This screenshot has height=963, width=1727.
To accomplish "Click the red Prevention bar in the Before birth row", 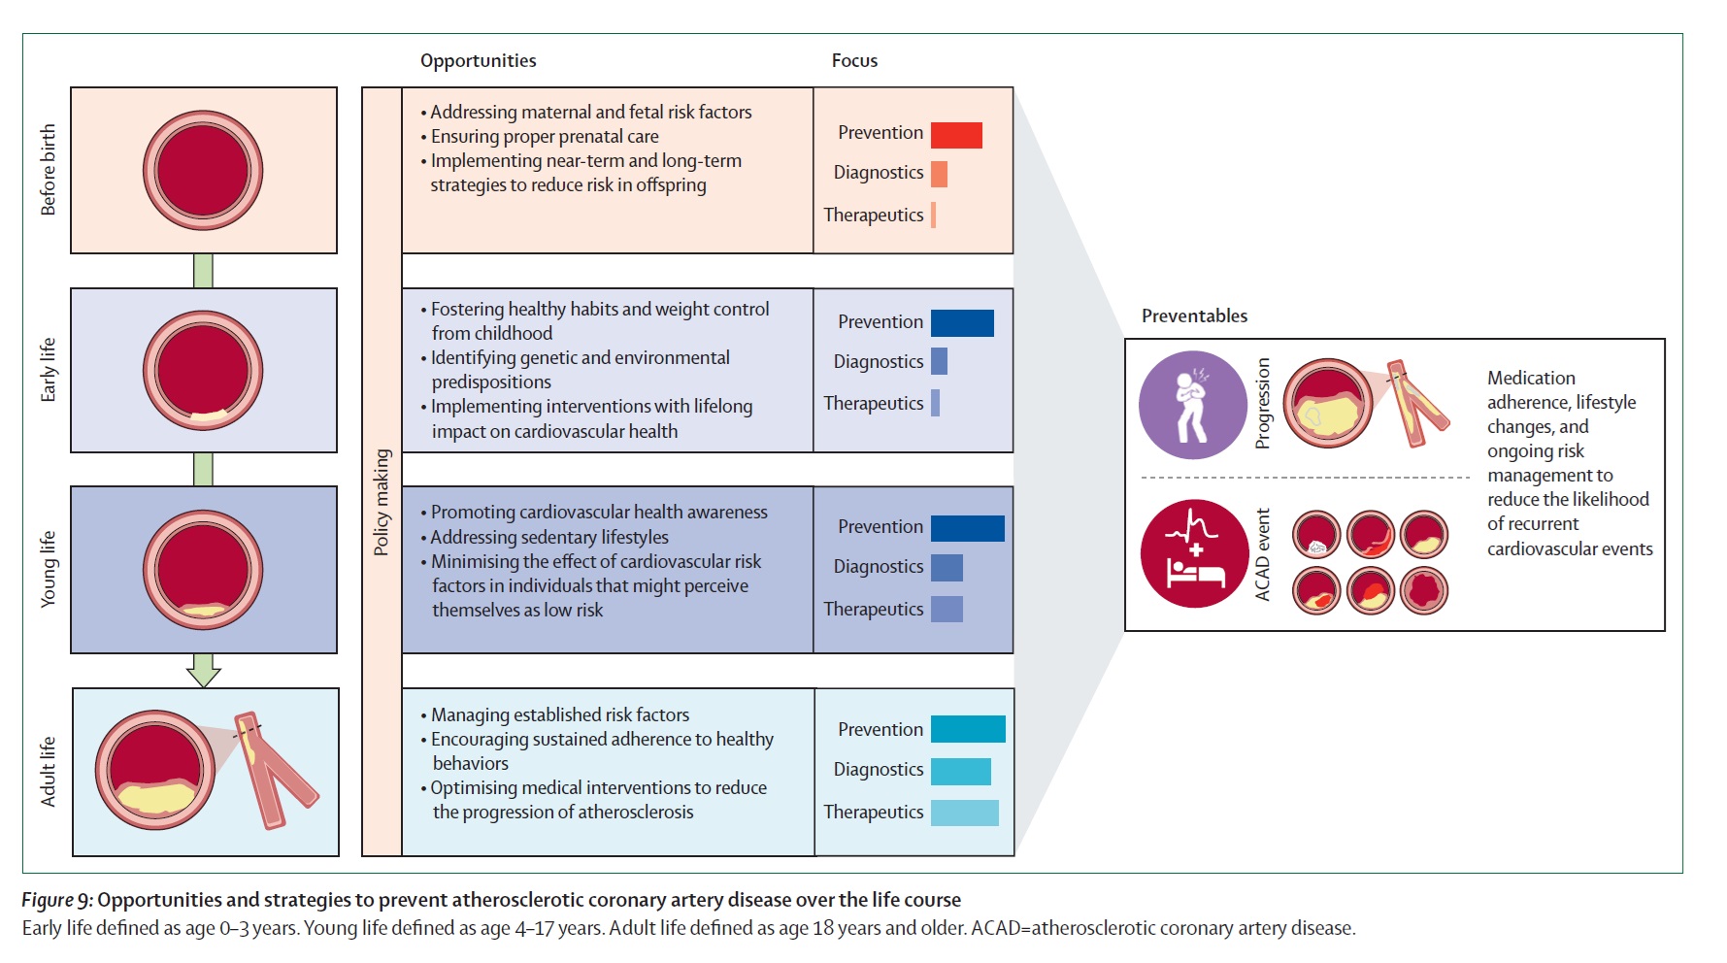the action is (956, 135).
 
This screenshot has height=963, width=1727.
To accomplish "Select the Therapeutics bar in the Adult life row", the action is (965, 813).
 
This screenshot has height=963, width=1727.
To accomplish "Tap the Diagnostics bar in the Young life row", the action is (947, 567).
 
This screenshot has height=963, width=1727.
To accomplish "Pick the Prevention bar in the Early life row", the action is (962, 323).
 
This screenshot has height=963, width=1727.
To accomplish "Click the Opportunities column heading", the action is (478, 61).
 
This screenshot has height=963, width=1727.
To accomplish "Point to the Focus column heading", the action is (854, 60).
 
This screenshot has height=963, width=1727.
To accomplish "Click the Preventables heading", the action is (1194, 315).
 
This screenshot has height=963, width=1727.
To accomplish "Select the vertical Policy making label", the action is (382, 502).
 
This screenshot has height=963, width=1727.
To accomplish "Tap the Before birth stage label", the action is (48, 170).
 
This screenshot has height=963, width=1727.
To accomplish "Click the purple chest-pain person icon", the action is (1193, 405).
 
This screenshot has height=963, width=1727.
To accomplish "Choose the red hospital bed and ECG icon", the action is (1194, 553).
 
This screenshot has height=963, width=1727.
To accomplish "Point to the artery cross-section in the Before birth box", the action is (203, 171).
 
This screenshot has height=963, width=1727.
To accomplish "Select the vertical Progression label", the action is (1262, 403).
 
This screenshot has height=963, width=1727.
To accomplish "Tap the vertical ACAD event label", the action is (1262, 554).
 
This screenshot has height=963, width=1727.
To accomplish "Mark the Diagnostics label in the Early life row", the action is (879, 361).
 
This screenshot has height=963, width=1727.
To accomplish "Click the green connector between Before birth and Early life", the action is (203, 271).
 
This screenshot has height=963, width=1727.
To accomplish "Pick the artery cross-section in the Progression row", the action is (1328, 403).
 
